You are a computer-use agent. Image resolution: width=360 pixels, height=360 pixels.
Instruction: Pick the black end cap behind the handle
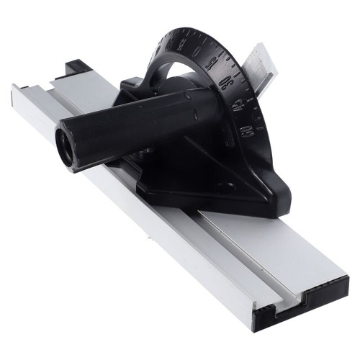(x=76, y=68)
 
